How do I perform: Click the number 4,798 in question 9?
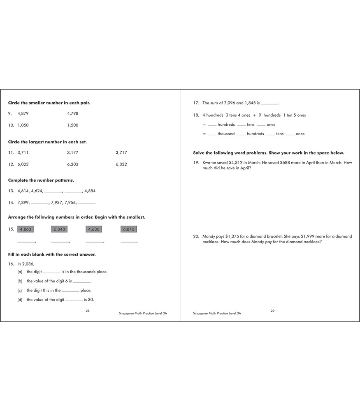72,113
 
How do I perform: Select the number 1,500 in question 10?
72,125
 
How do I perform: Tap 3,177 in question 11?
72,152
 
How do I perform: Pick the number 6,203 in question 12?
72,164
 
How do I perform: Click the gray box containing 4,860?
26,229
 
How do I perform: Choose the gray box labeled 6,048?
60,229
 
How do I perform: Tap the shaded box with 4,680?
94,229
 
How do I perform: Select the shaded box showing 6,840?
128,229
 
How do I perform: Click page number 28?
88,311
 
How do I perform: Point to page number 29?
272,311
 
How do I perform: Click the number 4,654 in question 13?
90,191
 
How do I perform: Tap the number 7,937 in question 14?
57,203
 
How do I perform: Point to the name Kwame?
209,163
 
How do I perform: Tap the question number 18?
196,115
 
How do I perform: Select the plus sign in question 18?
254,115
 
